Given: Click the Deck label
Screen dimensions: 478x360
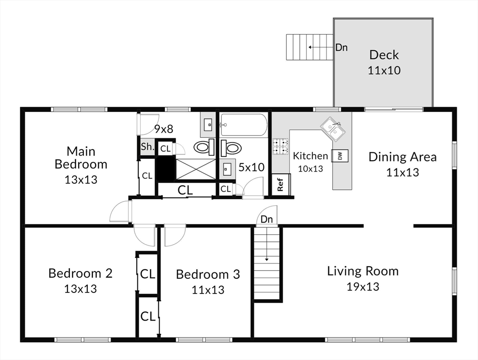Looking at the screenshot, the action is point(384,55).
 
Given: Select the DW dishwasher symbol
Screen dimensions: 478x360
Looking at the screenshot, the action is point(340,156).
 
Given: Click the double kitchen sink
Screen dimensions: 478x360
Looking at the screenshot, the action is point(333,129).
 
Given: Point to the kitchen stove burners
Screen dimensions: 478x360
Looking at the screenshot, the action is point(280,146).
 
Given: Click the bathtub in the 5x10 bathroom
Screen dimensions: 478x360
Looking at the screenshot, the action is point(244,125).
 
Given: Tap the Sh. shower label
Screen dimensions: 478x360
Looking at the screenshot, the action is point(148,147).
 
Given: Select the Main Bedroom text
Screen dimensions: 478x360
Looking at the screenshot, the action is point(81,157).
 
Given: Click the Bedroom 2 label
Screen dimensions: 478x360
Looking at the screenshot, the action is point(81,273).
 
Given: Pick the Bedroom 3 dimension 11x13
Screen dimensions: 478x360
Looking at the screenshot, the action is point(208,290).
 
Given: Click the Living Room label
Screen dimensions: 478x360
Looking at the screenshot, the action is point(363,271).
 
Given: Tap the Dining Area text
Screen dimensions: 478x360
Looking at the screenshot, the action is point(403,157).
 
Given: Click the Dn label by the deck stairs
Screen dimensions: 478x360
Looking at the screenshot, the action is point(342,47).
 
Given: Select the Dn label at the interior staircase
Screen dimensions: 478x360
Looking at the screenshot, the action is point(267,219).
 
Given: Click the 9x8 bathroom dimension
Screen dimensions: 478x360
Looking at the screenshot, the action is point(164,129).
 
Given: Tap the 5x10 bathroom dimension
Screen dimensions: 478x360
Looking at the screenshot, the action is point(252,167).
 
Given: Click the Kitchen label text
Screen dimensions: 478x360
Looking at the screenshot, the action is point(310,156).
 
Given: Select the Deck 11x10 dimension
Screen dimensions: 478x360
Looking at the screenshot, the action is point(384,70).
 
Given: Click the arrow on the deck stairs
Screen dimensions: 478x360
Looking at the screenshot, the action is point(321,47).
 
